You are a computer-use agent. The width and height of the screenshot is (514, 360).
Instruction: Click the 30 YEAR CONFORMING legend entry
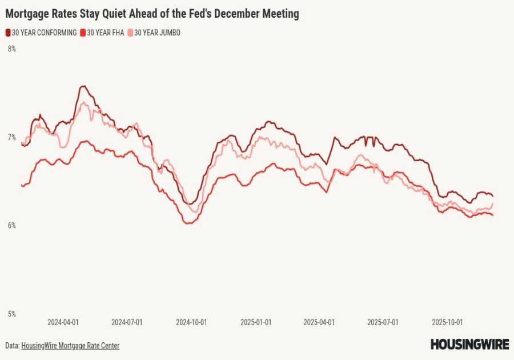tap(44, 33)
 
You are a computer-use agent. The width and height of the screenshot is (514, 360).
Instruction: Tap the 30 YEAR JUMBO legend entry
tap(156, 33)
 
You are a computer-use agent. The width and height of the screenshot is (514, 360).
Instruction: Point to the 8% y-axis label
tap(11, 49)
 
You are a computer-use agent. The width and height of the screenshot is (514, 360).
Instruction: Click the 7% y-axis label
tap(11, 137)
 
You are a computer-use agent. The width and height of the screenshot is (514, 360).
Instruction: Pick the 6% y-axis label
tap(11, 226)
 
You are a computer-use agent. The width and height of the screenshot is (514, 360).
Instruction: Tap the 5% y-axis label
tap(11, 314)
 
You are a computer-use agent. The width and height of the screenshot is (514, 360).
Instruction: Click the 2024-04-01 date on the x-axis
tap(63, 322)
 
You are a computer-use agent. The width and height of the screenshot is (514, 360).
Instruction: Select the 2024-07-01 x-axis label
tap(127, 322)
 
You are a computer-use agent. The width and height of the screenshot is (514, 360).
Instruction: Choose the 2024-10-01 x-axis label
tap(191, 322)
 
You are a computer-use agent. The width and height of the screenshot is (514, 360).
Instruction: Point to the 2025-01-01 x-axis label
tap(255, 322)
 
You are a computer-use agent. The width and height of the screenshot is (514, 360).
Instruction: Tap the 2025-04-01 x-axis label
tap(319, 322)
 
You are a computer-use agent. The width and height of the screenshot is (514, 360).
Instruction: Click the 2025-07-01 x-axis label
tap(383, 322)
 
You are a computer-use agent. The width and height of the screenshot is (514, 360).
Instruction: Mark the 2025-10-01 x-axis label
tap(447, 322)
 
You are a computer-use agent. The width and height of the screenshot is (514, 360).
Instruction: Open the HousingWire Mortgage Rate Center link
tap(70, 346)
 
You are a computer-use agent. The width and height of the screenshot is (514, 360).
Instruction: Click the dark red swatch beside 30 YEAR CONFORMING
tap(8, 33)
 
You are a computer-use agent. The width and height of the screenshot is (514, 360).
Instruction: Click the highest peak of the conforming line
tap(83, 86)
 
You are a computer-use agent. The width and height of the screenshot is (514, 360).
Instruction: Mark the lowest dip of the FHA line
tap(188, 223)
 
